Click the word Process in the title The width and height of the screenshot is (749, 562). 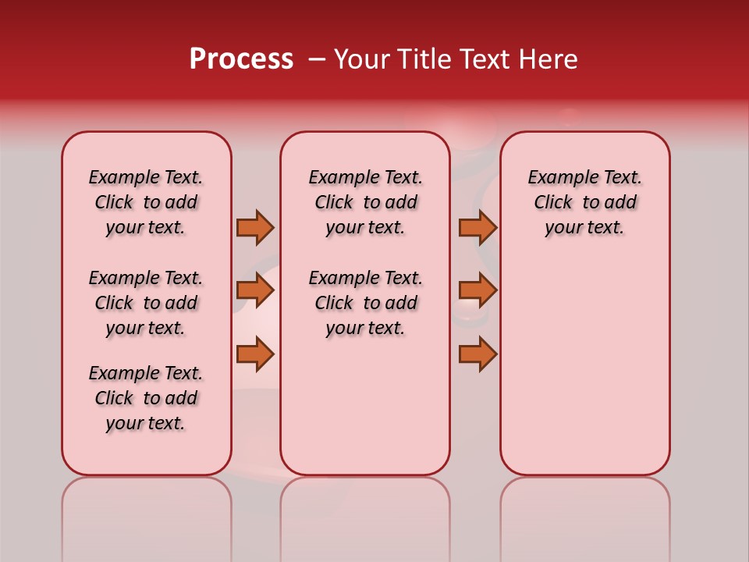point(241,59)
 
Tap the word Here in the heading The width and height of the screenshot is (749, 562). point(548,59)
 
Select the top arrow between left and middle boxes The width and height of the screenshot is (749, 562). point(255,227)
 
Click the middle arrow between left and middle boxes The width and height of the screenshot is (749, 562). point(255,290)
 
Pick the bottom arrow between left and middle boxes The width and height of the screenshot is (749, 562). point(255,354)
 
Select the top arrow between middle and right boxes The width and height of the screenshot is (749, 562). point(477,227)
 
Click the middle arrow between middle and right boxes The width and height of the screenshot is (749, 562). point(477,290)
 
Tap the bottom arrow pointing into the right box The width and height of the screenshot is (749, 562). point(477,354)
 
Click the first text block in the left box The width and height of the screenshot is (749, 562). point(146,202)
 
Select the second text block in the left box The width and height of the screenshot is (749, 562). point(146,303)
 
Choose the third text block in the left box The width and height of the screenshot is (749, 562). point(146,398)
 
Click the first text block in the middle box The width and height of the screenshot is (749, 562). point(365,202)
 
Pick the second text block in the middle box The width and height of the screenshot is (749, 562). point(365,303)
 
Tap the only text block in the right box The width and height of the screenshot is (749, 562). point(585,202)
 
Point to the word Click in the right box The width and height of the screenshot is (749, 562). point(553,203)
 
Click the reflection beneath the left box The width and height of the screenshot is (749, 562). point(147,515)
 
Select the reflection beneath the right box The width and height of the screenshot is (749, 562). point(585,515)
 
